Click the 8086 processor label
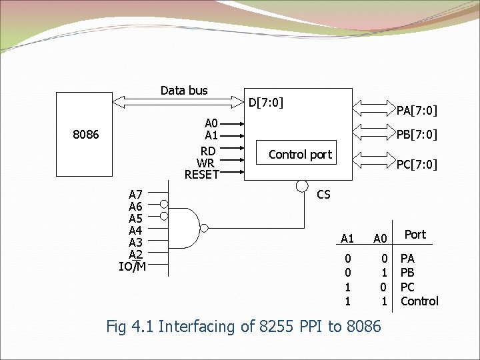(86, 135)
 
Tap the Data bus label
(184, 91)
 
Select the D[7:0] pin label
(266, 103)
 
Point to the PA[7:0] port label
(417, 110)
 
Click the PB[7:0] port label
(417, 135)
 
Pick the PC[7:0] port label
(417, 164)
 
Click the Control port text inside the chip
(300, 154)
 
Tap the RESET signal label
(202, 175)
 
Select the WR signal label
(206, 163)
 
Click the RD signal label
(207, 151)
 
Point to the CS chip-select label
(323, 195)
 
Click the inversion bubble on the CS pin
(302, 185)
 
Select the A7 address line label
(135, 195)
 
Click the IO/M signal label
(132, 267)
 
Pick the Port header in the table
(415, 234)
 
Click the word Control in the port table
(419, 301)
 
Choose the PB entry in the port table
(407, 273)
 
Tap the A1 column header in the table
(347, 239)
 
